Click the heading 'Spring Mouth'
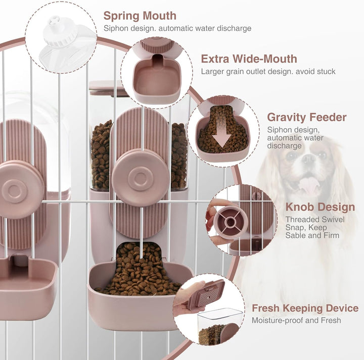point(140,16)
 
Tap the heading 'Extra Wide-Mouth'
point(249,59)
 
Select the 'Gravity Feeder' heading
point(307,117)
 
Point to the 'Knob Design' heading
point(320,207)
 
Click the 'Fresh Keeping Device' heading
point(305,308)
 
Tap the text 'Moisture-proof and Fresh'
point(296,320)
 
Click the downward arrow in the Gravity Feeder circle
point(222,135)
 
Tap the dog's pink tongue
point(307,184)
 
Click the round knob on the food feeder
point(140,177)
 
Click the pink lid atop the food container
point(108,88)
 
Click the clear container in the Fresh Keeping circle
point(220,326)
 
